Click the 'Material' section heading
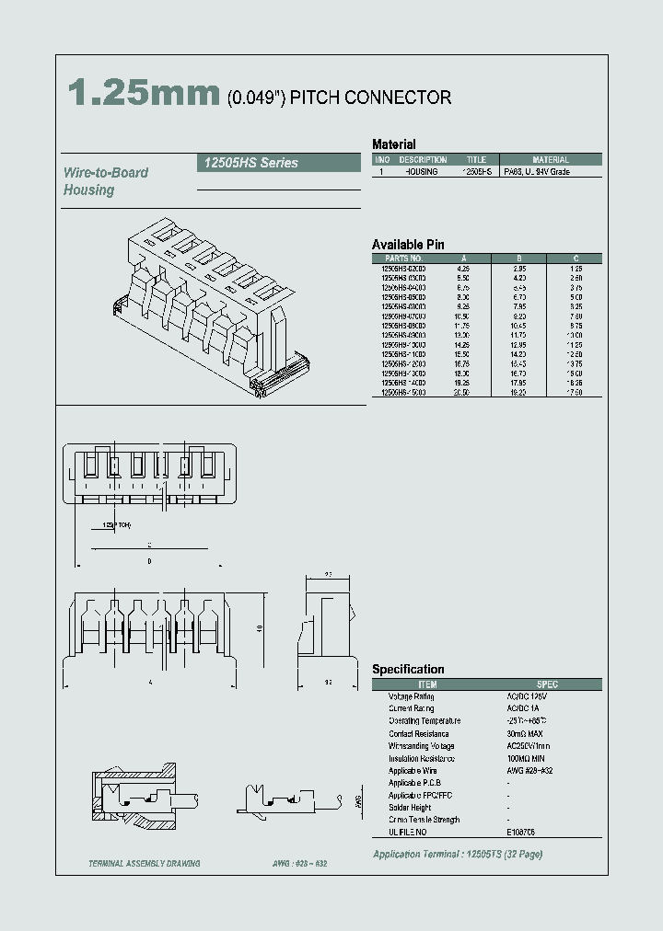(x=393, y=144)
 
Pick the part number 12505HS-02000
(x=403, y=268)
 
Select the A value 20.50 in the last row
(x=461, y=392)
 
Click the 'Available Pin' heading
(x=408, y=244)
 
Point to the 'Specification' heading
(x=408, y=670)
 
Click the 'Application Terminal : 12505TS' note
(x=457, y=855)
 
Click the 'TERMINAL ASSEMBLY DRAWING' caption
(x=144, y=864)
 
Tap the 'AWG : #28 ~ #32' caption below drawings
(x=299, y=864)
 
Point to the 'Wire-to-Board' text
(x=106, y=172)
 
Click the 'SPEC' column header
(x=547, y=684)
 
